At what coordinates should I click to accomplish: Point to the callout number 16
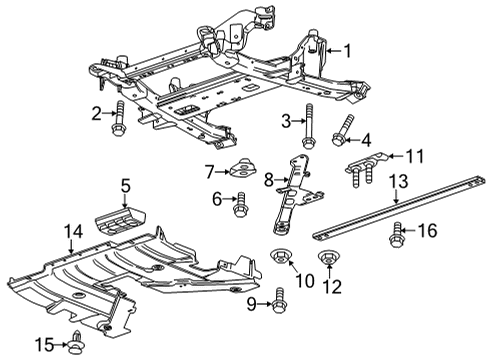(427, 231)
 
